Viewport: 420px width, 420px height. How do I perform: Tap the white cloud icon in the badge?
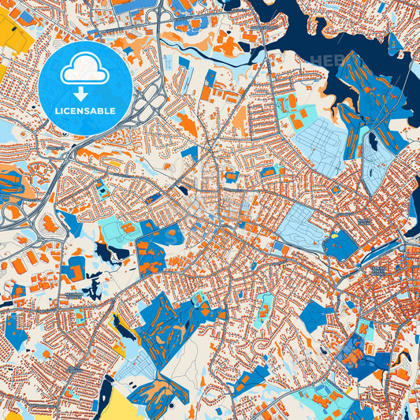[84, 70]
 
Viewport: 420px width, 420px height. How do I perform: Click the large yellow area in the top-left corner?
[14, 28]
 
